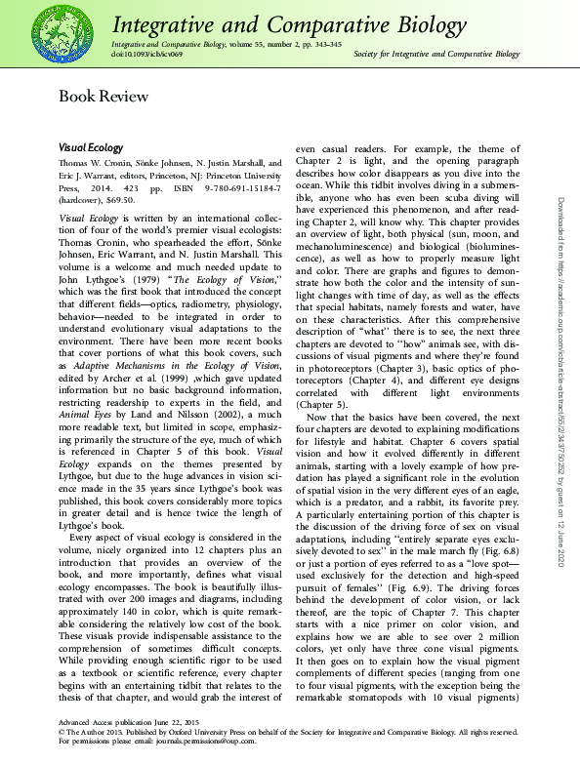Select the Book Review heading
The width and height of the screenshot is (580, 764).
click(104, 96)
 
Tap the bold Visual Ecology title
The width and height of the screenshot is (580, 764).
click(92, 146)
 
